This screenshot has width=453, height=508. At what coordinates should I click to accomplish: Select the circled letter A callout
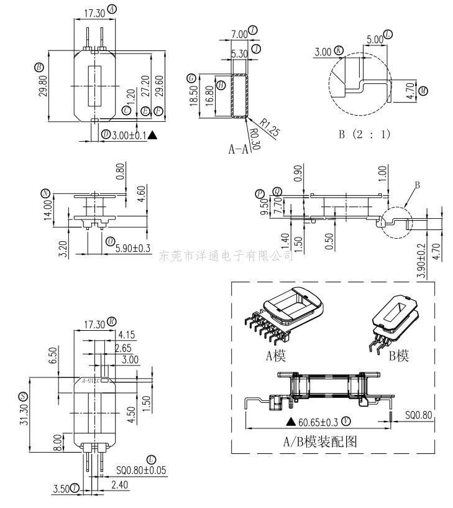[x=112, y=9]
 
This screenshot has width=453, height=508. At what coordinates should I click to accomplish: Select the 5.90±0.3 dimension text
[x=134, y=249]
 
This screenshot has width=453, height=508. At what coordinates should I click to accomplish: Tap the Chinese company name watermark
[x=227, y=256]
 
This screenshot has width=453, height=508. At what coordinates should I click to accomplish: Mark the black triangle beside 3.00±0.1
[x=152, y=134]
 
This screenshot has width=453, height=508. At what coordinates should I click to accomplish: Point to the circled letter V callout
[x=346, y=422]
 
